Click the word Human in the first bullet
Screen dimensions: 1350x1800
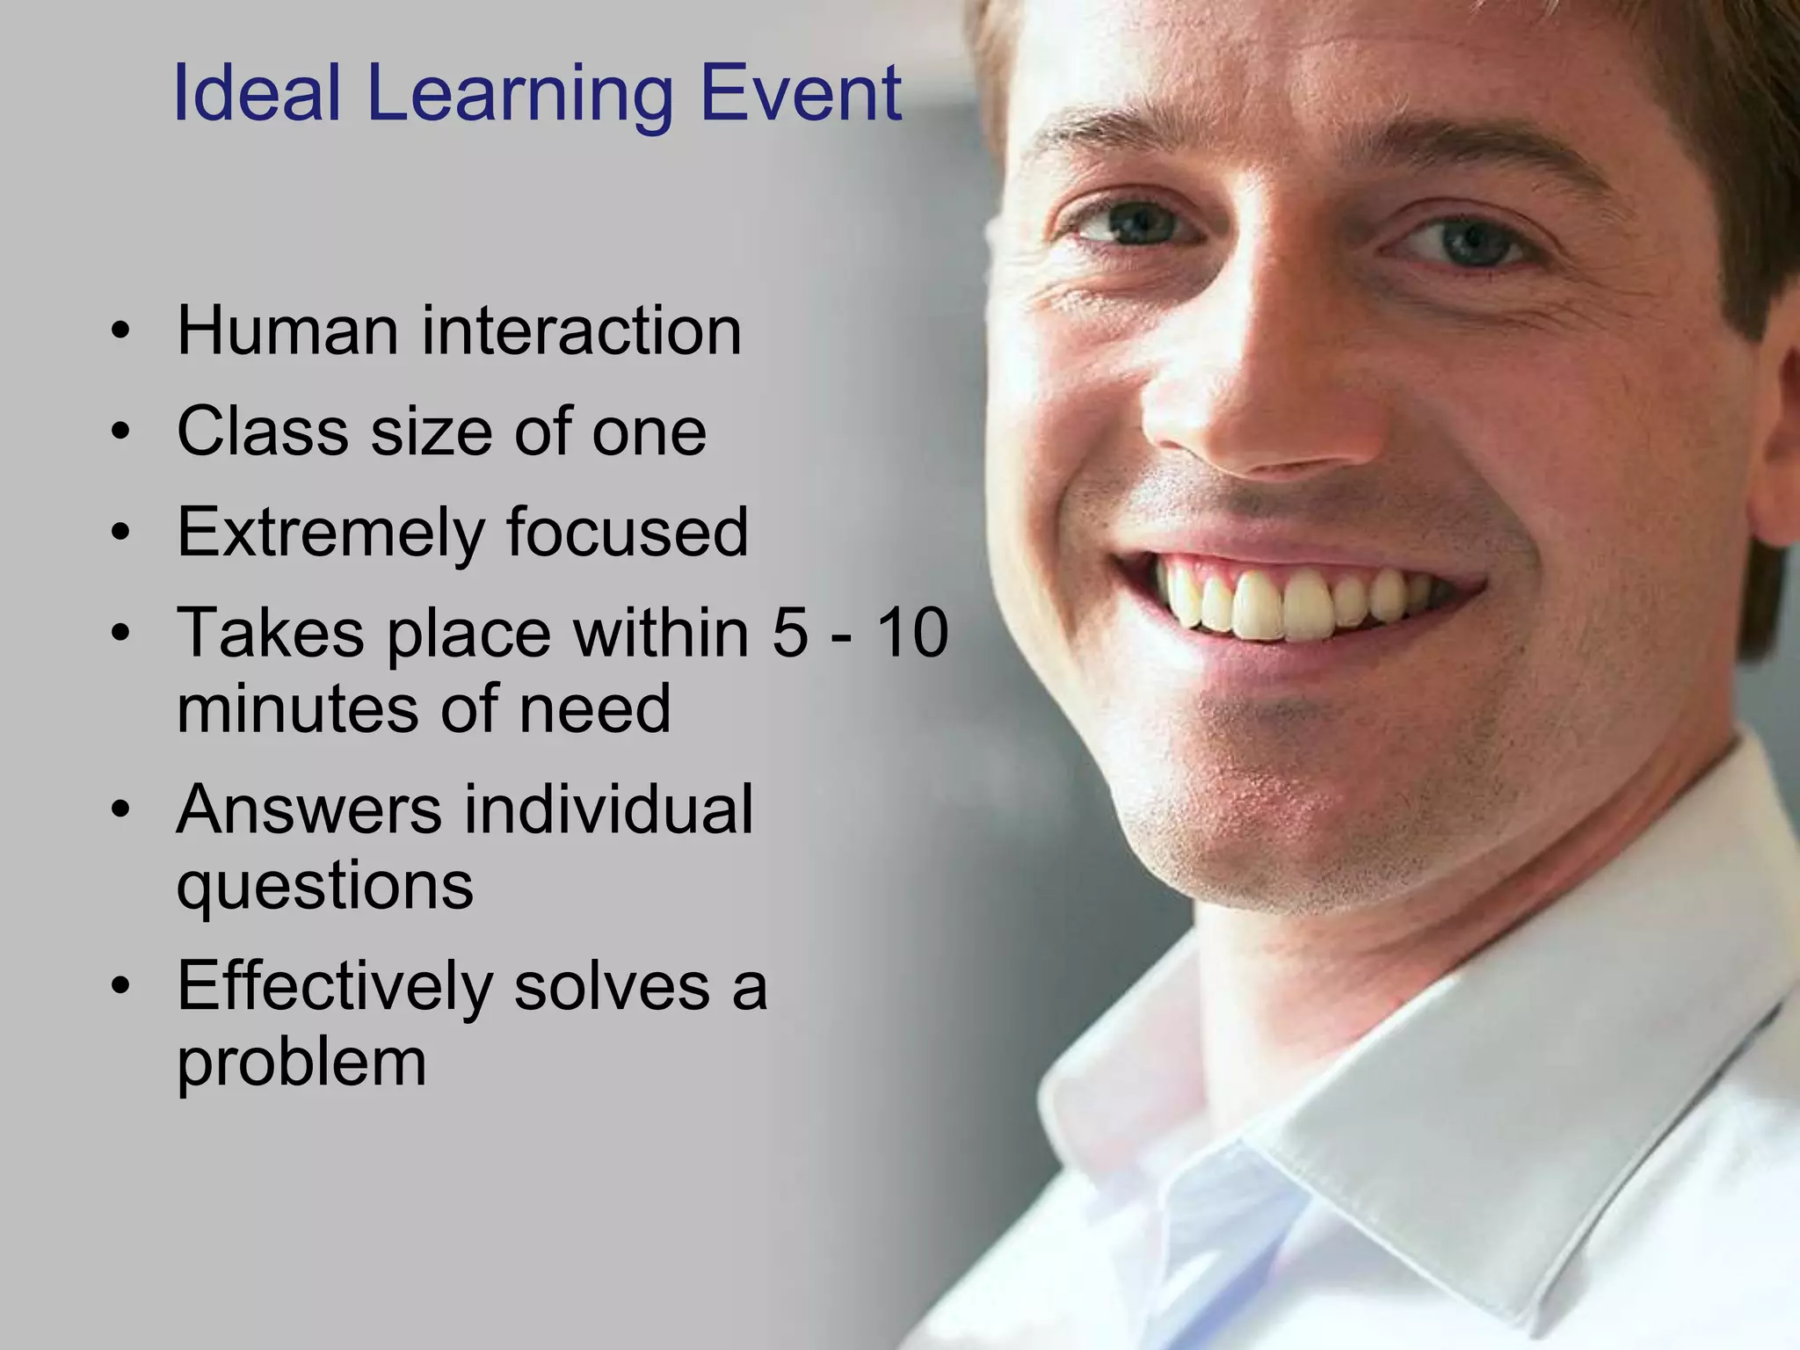288,330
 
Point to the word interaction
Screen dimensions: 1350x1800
582,330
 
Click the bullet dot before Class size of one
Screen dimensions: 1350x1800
121,432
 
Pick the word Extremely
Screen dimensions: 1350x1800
330,533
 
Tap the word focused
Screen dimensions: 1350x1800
628,533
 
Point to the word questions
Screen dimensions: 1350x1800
325,886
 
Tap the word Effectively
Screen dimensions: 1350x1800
335,986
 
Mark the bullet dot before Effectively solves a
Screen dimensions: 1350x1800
121,986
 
